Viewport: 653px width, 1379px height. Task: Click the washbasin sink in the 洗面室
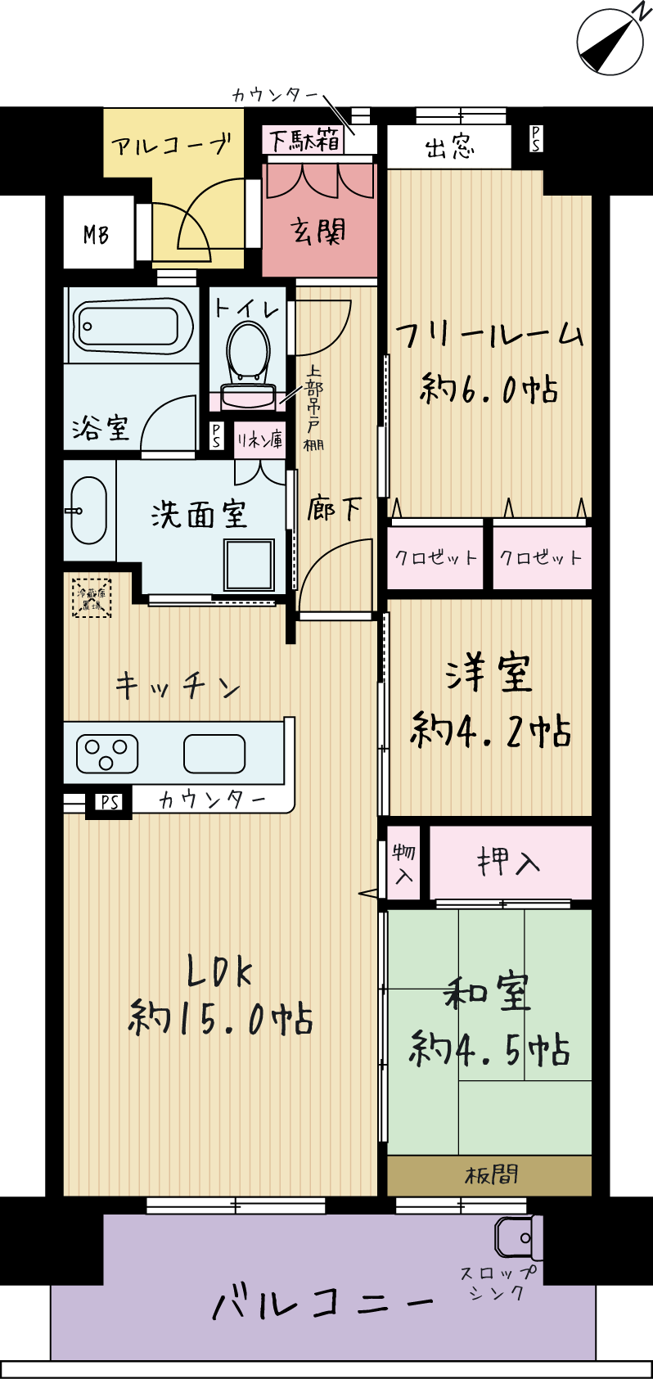pos(88,510)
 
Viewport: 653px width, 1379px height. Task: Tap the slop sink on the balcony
pos(519,1237)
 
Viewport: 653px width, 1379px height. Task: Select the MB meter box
pos(97,235)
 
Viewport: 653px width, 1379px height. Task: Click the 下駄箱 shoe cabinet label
pos(304,140)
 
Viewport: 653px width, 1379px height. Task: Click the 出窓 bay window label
pos(449,147)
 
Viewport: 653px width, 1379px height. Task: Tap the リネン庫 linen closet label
pos(260,440)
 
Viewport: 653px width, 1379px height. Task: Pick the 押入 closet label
pos(509,862)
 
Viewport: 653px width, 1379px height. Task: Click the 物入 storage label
pos(404,863)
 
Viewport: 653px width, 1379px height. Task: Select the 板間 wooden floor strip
pos(490,1175)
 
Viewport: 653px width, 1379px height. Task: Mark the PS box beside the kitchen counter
pos(110,803)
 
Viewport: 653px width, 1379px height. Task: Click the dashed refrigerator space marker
pos(91,597)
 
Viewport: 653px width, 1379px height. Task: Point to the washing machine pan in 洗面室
pos(250,564)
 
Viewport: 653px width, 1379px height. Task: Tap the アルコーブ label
pos(172,146)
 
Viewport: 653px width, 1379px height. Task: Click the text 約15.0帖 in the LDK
pos(221,1020)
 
